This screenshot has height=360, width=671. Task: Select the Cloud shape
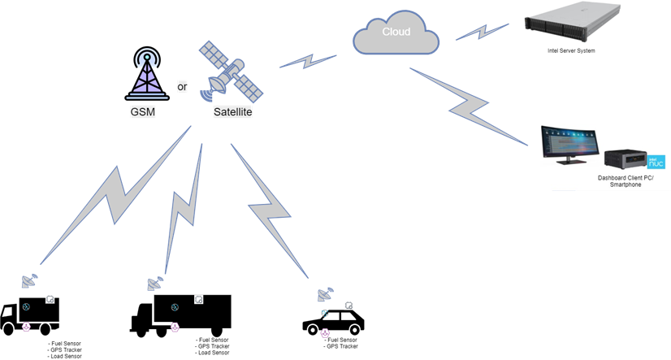tap(396, 34)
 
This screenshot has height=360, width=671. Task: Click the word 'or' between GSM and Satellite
tap(183, 86)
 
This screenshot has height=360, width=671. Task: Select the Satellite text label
tap(232, 112)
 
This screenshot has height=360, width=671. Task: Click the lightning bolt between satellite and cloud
tap(308, 62)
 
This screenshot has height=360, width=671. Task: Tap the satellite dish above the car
tap(326, 294)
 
